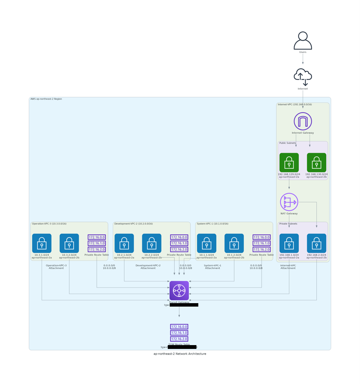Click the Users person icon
(x=303, y=41)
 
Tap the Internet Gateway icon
(x=303, y=121)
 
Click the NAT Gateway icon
(x=289, y=202)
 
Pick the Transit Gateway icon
(x=179, y=291)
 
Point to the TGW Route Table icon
(x=179, y=333)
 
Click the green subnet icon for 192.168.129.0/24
(x=289, y=162)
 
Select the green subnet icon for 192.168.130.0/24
(x=317, y=162)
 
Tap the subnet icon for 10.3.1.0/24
(x=42, y=243)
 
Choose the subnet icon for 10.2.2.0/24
(x=152, y=243)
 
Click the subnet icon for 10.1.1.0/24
(x=207, y=243)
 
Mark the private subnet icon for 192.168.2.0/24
(x=317, y=243)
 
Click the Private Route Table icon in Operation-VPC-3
(x=97, y=243)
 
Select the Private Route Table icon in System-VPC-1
(x=262, y=243)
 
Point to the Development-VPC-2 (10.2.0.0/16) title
(x=133, y=224)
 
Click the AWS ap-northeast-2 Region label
(x=46, y=99)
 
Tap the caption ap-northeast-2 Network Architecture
(x=180, y=354)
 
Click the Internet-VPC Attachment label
(x=288, y=267)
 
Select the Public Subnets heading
(x=288, y=143)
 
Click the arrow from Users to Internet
(x=303, y=59)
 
